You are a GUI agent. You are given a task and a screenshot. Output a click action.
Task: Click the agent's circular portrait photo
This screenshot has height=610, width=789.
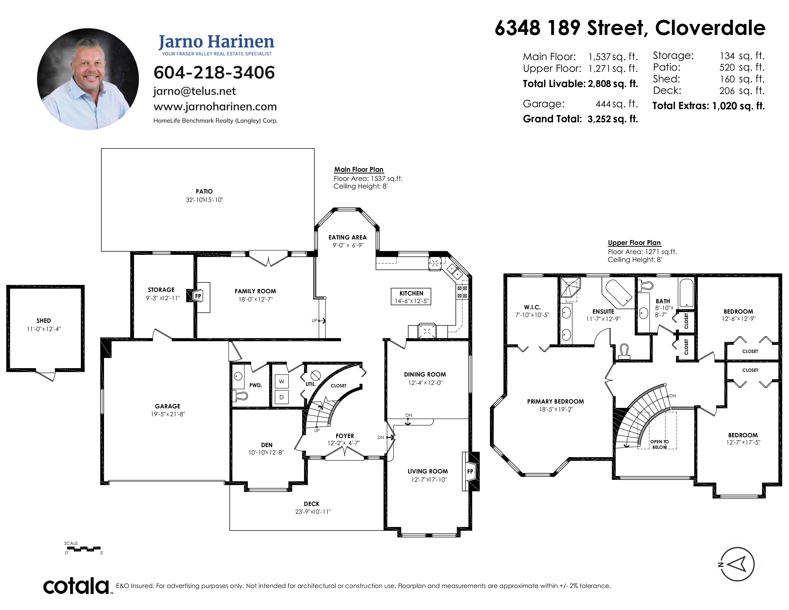pyautogui.click(x=88, y=79)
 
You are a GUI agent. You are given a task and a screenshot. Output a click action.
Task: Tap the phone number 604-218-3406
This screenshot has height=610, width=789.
pyautogui.click(x=214, y=73)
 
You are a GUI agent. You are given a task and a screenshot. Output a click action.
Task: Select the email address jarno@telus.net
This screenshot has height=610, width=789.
pyautogui.click(x=194, y=91)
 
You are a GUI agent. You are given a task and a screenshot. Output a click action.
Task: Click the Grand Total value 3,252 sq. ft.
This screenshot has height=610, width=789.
pyautogui.click(x=613, y=119)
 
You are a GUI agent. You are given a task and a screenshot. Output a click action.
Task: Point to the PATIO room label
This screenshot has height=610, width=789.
pyautogui.click(x=204, y=192)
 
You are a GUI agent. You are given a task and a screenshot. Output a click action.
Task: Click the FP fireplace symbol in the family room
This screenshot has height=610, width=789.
pyautogui.click(x=198, y=296)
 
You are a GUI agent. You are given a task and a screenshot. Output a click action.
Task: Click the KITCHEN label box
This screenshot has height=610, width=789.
pyautogui.click(x=411, y=297)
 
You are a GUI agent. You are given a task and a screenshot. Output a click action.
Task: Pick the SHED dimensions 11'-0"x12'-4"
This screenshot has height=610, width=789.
pyautogui.click(x=44, y=329)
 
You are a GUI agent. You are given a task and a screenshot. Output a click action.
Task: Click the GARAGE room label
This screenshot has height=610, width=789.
pyautogui.click(x=168, y=406)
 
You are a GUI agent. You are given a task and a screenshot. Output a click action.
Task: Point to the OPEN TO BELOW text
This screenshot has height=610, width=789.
pyautogui.click(x=660, y=444)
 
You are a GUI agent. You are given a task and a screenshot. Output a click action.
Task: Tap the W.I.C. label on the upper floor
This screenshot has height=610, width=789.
pyautogui.click(x=532, y=307)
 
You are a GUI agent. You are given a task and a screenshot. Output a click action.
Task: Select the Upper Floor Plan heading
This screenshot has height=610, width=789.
pyautogui.click(x=634, y=243)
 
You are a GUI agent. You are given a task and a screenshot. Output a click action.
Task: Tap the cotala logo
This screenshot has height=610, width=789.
pyautogui.click(x=76, y=586)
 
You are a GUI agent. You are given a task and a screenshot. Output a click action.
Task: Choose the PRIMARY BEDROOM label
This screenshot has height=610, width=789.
pyautogui.click(x=555, y=401)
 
